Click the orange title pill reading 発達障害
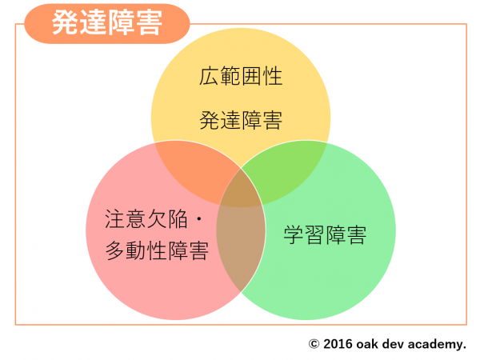107,23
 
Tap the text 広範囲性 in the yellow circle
241,76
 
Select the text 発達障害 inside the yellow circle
241,120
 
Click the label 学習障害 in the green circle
325,235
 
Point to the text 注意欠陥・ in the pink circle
154,219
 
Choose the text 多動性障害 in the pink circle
157,250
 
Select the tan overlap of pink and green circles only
241,245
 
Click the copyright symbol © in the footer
314,344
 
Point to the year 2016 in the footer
338,344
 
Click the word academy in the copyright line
437,345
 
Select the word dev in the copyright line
393,344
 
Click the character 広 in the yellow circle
210,76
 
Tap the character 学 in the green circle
294,235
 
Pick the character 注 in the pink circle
115,219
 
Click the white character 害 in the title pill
149,23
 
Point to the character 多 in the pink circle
115,250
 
